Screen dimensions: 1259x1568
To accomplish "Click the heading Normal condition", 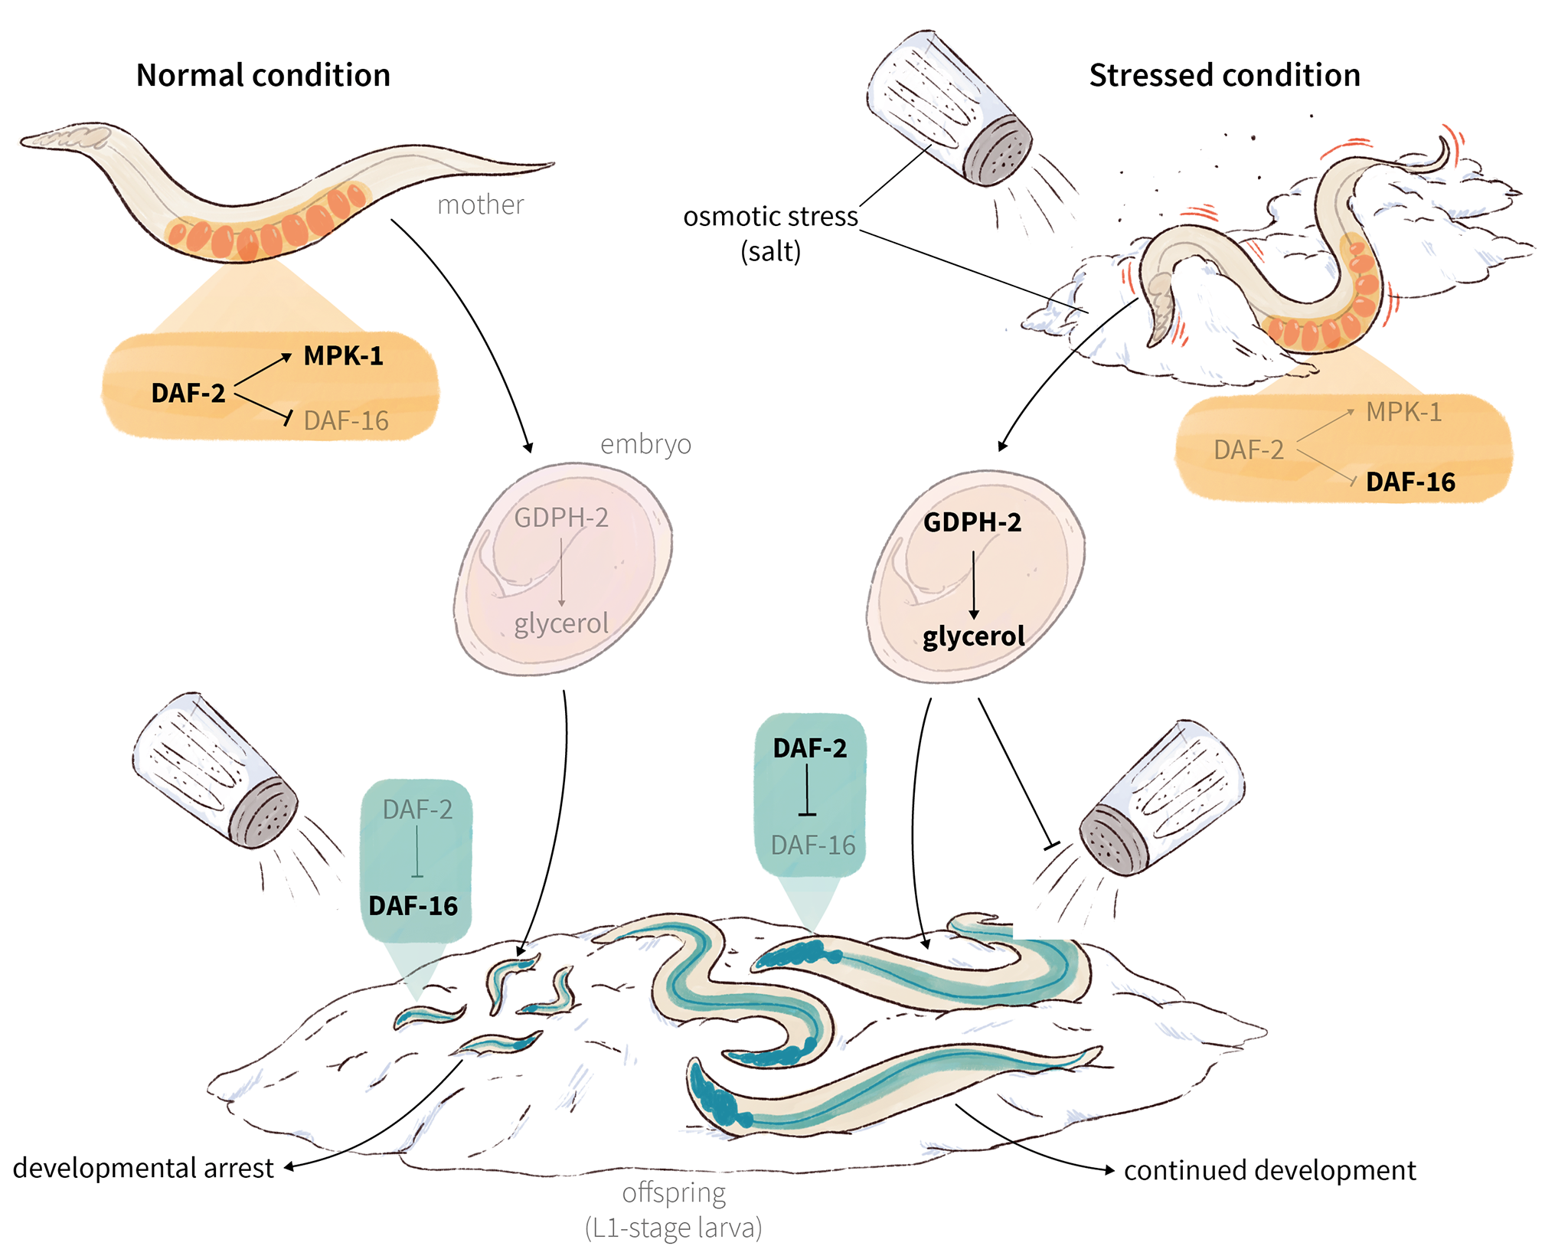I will pyautogui.click(x=263, y=75).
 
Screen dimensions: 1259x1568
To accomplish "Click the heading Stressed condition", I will pyautogui.click(x=1224, y=75).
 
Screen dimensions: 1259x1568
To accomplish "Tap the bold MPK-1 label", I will pyautogui.click(x=343, y=356).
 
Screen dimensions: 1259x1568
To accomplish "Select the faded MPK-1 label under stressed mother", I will pyautogui.click(x=1403, y=412).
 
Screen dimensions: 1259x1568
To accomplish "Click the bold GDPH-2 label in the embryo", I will pyautogui.click(x=972, y=522).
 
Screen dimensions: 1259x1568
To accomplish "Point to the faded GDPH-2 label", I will pyautogui.click(x=560, y=518).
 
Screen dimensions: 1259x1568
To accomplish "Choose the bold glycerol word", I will pyautogui.click(x=973, y=636).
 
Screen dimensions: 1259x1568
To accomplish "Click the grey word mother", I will pyautogui.click(x=480, y=204).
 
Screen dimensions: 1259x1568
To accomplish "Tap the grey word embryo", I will pyautogui.click(x=645, y=444).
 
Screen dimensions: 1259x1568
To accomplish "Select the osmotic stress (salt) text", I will pyautogui.click(x=770, y=233).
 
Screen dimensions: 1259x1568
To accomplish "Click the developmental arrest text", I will pyautogui.click(x=143, y=1168).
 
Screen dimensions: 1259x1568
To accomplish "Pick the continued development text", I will pyautogui.click(x=1269, y=1170).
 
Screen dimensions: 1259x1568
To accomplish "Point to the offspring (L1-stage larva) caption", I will pyautogui.click(x=673, y=1210).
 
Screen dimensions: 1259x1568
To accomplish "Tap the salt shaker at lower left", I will pyautogui.click(x=215, y=770).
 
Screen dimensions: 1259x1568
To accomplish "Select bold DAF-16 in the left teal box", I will pyautogui.click(x=413, y=906).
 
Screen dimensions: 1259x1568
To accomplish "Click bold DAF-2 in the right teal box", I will pyautogui.click(x=809, y=748).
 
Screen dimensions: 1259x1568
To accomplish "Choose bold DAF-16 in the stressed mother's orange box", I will pyautogui.click(x=1410, y=482).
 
